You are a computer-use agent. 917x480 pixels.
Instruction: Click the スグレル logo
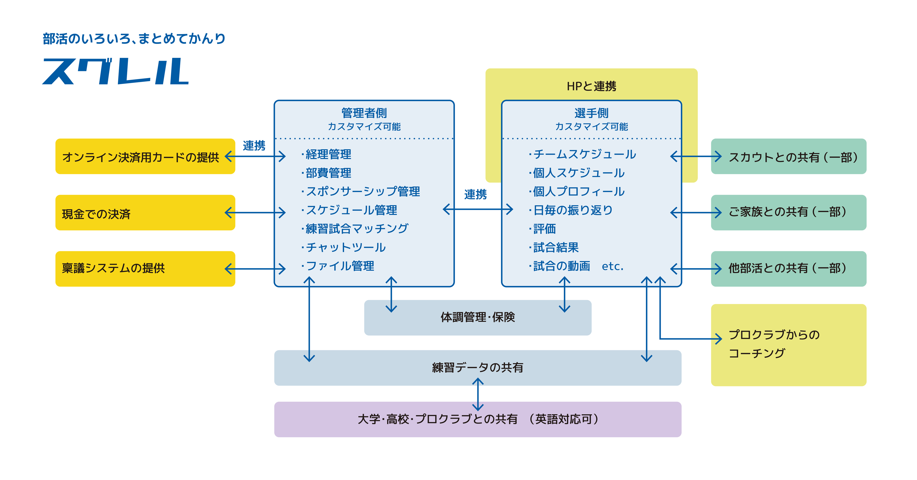click(115, 71)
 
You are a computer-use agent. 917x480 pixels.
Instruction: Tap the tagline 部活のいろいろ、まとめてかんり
click(134, 38)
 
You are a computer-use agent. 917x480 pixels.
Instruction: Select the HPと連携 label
click(591, 86)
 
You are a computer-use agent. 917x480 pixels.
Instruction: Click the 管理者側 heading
click(364, 113)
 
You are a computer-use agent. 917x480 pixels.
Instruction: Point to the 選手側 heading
click(591, 113)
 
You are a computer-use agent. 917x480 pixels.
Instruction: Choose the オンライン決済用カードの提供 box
click(145, 156)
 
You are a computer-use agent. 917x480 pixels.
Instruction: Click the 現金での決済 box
click(145, 212)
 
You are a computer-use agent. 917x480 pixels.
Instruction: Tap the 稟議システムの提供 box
click(145, 269)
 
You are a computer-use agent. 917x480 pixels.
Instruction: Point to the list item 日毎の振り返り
click(571, 210)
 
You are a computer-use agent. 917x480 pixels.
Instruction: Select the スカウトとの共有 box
click(788, 156)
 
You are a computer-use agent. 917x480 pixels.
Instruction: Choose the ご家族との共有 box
click(788, 212)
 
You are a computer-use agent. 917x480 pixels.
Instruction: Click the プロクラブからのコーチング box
click(788, 345)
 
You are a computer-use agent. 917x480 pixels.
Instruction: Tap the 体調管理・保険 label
click(478, 317)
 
